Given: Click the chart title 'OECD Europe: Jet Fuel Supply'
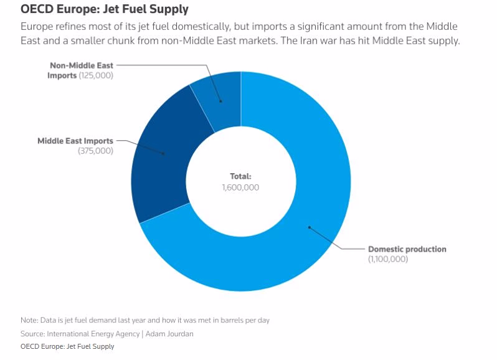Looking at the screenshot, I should (x=105, y=10).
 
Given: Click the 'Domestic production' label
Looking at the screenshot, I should (x=407, y=249).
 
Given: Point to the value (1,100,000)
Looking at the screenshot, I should (x=388, y=259).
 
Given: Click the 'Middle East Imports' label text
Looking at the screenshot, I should (x=75, y=141).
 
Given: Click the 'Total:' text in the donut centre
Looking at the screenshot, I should (x=240, y=176).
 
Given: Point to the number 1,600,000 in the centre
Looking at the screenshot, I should (x=240, y=187).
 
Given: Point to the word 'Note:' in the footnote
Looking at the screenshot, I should (x=29, y=320).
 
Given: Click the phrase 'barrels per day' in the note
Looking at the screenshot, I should (x=248, y=320).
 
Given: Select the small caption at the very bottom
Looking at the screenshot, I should (x=67, y=346).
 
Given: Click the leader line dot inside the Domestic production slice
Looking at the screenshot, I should (x=309, y=227).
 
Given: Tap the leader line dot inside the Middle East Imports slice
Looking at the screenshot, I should (x=163, y=153).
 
